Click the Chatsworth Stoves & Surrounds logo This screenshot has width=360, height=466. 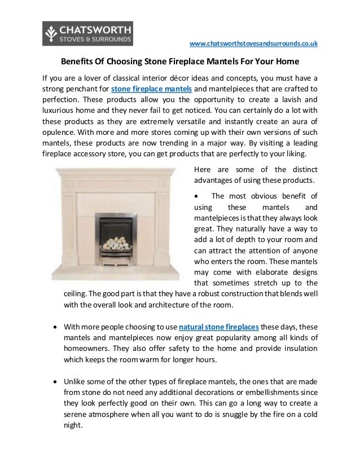tap(87, 33)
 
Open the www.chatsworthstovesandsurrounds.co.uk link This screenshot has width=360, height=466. tap(253, 43)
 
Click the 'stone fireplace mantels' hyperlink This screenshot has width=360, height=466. tap(152, 89)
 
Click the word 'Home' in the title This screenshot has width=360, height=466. tap(286, 60)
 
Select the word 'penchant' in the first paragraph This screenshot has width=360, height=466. tap(85, 89)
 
